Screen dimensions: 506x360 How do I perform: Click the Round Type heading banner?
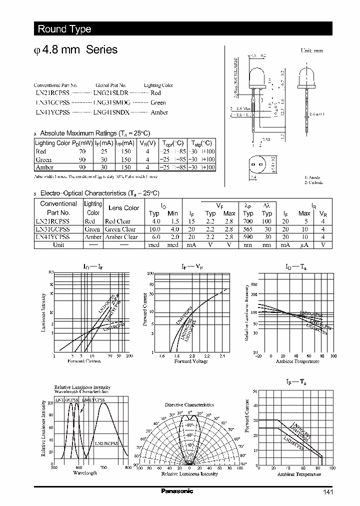[x=64, y=29]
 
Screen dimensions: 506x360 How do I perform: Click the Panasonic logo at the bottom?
[x=176, y=491]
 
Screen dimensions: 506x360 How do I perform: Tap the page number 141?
[x=328, y=492]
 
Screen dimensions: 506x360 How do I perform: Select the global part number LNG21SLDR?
[x=111, y=93]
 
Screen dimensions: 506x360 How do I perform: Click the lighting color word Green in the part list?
[x=158, y=103]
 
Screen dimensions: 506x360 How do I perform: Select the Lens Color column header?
[x=123, y=208]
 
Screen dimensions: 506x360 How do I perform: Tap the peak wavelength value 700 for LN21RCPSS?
[x=248, y=221]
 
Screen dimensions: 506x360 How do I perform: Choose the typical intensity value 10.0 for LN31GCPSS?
[x=154, y=229]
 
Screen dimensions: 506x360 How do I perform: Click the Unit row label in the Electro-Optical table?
[x=58, y=245]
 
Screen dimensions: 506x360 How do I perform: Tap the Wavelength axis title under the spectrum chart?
[x=85, y=472]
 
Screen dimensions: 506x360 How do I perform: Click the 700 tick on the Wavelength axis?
[x=103, y=467]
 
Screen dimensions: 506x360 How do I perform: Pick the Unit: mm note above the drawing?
[x=311, y=50]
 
